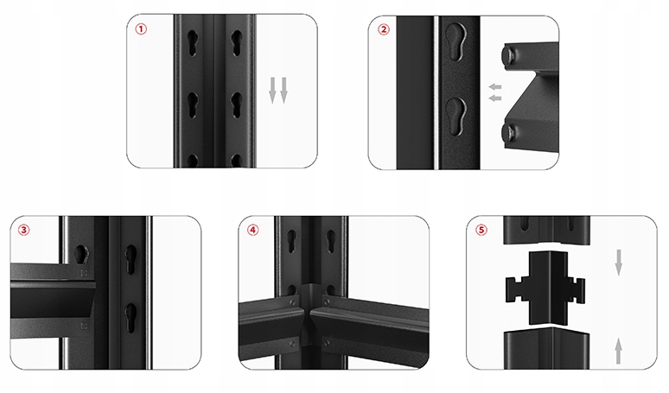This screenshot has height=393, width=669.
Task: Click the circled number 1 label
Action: point(141,29)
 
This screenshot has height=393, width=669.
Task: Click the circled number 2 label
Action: point(384,29)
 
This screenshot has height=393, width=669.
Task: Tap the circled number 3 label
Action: point(24,230)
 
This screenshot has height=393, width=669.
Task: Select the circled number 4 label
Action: point(253,230)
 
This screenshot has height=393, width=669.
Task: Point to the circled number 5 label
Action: point(481,230)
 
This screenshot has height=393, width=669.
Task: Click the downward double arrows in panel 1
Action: point(278,90)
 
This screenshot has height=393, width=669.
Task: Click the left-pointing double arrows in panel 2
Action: point(495,92)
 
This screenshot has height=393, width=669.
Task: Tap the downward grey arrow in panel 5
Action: point(619,263)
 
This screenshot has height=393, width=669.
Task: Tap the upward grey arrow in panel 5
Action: point(619,351)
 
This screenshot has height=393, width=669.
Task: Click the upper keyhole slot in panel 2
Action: point(456,41)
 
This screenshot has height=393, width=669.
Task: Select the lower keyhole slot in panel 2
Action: point(456,116)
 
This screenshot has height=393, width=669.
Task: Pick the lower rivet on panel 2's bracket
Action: point(509,132)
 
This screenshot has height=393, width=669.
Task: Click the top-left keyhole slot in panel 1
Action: point(193,42)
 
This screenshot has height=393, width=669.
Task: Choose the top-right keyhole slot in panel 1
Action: point(237,42)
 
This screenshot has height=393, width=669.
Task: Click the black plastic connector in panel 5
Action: point(545,288)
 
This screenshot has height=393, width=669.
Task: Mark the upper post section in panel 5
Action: point(547,231)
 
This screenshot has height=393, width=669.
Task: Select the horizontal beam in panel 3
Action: point(52,300)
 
